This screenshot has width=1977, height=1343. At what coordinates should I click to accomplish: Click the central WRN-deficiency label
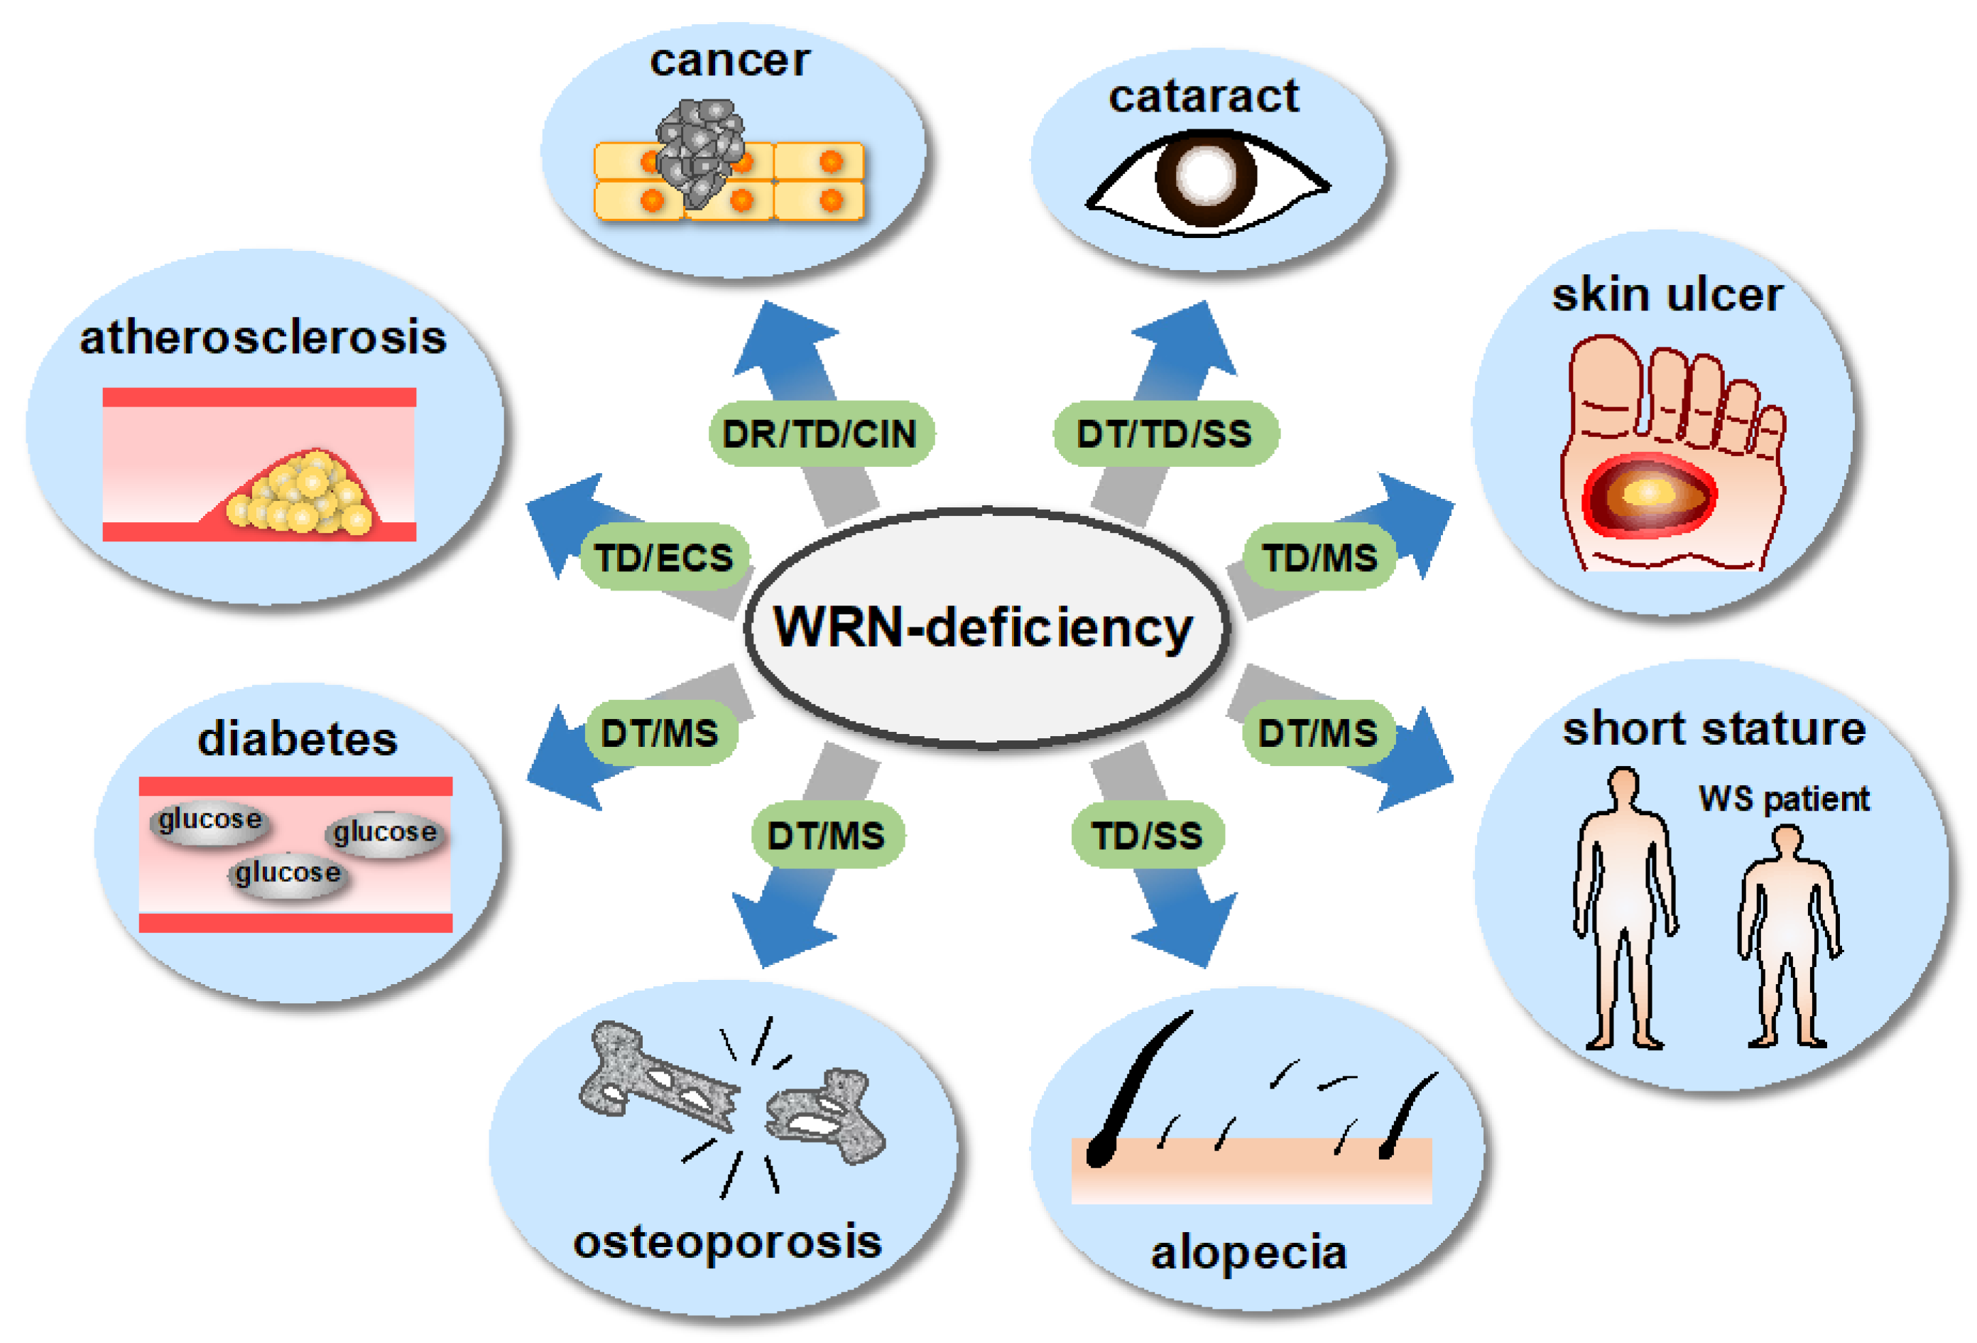pyautogui.click(x=984, y=627)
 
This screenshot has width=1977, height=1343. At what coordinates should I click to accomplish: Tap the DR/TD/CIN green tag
pyautogui.click(x=820, y=434)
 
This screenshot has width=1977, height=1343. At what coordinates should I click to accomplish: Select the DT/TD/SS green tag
pyautogui.click(x=1165, y=434)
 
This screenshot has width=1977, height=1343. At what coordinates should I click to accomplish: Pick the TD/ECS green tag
pyautogui.click(x=663, y=559)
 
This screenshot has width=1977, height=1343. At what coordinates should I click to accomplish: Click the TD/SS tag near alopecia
pyautogui.click(x=1148, y=835)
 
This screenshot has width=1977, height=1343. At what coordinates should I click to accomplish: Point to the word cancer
pyautogui.click(x=730, y=61)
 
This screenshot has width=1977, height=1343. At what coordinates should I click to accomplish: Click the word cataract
pyautogui.click(x=1204, y=96)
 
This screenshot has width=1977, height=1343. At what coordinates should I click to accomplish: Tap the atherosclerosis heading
pyautogui.click(x=263, y=337)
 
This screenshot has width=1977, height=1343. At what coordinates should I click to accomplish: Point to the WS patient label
pyautogui.click(x=1784, y=798)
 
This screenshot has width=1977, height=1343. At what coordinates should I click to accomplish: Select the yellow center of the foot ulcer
pyautogui.click(x=1649, y=492)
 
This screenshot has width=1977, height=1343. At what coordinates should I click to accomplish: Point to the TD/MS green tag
pyautogui.click(x=1319, y=559)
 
